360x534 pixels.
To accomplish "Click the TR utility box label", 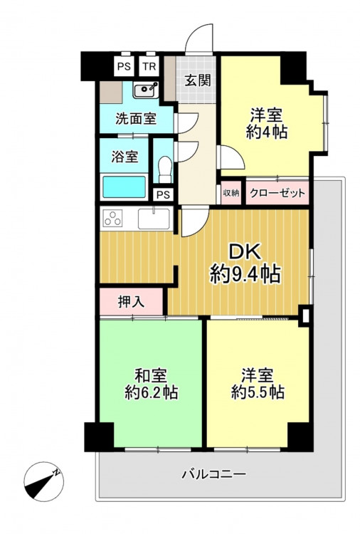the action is click(149, 66).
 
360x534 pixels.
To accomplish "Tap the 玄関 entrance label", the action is click(198, 80).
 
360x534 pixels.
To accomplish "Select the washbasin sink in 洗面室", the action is click(146, 90).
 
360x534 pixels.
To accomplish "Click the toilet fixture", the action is click(165, 169).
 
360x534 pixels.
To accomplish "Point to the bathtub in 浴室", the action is click(124, 187).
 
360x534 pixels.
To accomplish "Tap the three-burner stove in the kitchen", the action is click(113, 219).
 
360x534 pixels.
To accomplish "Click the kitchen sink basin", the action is click(154, 219).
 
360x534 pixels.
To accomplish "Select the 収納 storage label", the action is click(231, 193).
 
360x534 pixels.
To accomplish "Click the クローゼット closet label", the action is click(277, 193).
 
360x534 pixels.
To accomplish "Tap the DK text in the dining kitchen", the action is click(245, 252).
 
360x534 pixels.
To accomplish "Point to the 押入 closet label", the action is click(132, 302).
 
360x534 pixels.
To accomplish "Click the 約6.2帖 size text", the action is click(151, 393).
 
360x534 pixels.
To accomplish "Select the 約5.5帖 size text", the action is click(258, 392).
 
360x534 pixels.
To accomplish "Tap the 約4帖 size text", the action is click(267, 132).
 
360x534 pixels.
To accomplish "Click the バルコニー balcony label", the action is click(213, 473).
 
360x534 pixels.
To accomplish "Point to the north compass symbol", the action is click(43, 481).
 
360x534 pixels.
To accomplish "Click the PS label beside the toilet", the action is click(164, 195).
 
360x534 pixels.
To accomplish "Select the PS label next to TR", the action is click(124, 66).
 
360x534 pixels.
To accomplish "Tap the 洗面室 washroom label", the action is click(136, 118).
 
